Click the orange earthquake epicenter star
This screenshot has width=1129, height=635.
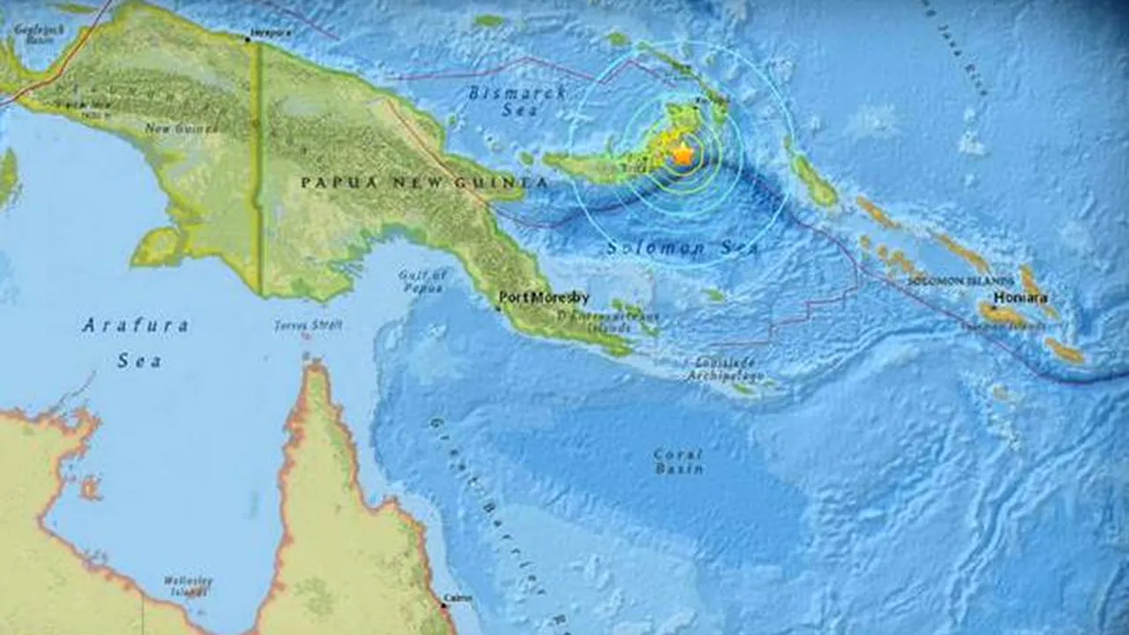point(682,155)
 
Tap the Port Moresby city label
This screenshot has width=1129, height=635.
point(545,298)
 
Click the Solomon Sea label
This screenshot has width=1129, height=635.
point(682,250)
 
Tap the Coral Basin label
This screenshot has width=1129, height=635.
point(678,461)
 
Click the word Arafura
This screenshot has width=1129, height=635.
point(135,326)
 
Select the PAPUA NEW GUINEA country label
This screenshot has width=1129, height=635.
point(424,183)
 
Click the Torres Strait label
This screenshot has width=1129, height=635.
point(307,325)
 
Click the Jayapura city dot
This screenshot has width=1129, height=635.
point(248,40)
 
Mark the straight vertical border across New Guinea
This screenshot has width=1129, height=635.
point(258,168)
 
